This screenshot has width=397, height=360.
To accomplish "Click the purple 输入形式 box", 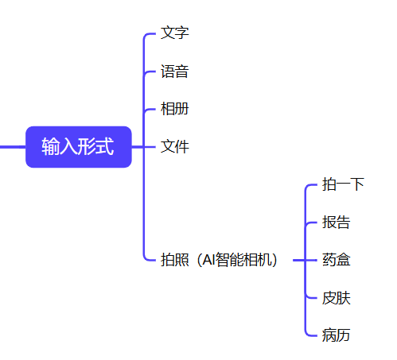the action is coord(79,147).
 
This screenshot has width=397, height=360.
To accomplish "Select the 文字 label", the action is coord(174,33).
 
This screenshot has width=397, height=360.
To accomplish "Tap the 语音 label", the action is coord(174,72).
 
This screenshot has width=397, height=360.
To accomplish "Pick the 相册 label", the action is coord(174,109).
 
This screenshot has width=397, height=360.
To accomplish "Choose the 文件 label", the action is coord(174,146).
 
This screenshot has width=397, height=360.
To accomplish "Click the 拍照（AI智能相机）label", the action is coord(219,260).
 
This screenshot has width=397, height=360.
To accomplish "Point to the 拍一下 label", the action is coord(343,184).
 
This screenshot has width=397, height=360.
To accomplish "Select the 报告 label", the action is coord(336,222).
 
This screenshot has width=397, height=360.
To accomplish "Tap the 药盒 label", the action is coord(336,260).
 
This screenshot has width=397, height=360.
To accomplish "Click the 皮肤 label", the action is coord(336,298).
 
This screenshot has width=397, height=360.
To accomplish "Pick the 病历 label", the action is coord(336,335).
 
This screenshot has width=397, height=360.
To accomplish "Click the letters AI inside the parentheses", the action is coord(208,260).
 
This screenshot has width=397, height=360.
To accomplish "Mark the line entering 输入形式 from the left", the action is coord(13,147).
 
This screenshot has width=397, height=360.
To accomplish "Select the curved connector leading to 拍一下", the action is coord(306,188).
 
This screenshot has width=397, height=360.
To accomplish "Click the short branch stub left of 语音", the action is coord(150,72).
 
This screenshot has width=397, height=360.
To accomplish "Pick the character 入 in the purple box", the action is coord(68,146).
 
